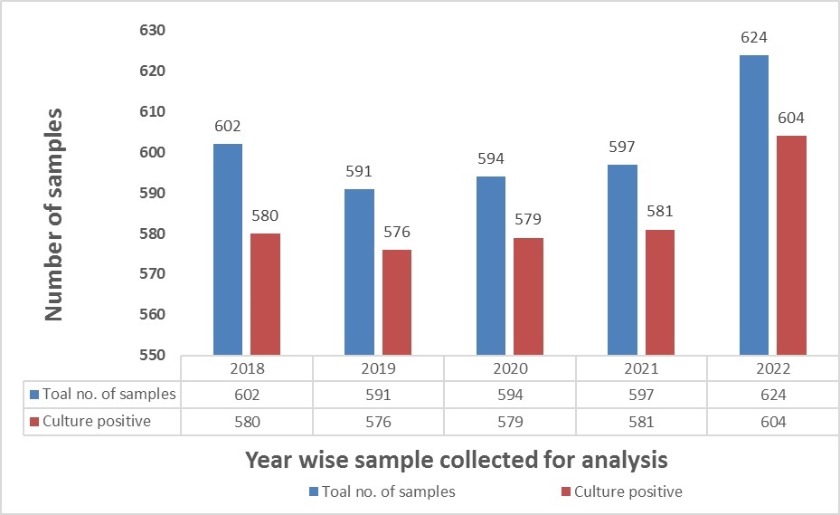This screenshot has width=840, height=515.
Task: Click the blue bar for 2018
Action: coord(227,249)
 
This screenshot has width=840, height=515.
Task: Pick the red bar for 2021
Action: coord(659,291)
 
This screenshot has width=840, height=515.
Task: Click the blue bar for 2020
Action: coord(490,265)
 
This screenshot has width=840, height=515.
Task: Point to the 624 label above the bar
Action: coord(754,40)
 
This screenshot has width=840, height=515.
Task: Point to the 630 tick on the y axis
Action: coord(153,31)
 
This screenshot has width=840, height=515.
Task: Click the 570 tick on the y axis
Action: coord(153,273)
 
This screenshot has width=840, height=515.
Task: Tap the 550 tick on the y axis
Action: coord(153,355)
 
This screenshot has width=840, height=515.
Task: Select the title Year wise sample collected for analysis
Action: coord(457,459)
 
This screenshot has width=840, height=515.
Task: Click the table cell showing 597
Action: coord(642,395)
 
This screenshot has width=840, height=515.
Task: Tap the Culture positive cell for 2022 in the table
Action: coord(773,422)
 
